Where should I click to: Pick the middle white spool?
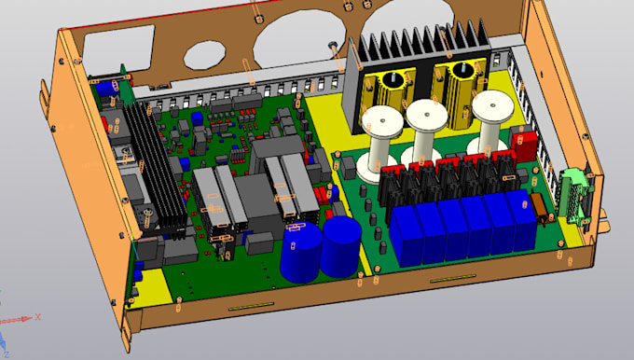pyautogui.click(x=425, y=132)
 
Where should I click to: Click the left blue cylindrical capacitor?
pyautogui.click(x=301, y=252)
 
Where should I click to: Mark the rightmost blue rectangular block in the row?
pyautogui.click(x=521, y=221)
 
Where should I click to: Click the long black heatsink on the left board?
pyautogui.click(x=149, y=168)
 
